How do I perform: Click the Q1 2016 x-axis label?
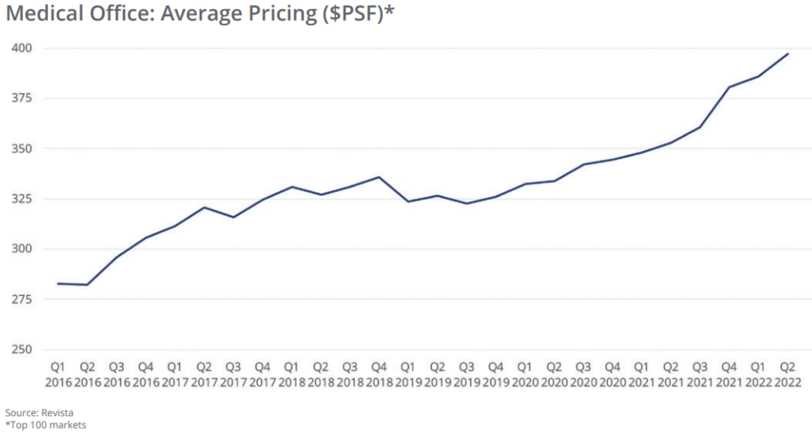[58, 375]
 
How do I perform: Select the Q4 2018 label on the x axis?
[379, 375]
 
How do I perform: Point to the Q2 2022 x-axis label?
[788, 375]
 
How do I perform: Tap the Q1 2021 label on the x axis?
[641, 375]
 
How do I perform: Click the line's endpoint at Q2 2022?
[788, 54]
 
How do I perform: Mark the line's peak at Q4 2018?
[379, 177]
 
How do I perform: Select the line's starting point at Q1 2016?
[58, 283]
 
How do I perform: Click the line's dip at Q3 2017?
[233, 217]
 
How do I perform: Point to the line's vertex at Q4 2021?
[729, 87]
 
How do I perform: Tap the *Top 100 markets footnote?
[45, 425]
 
